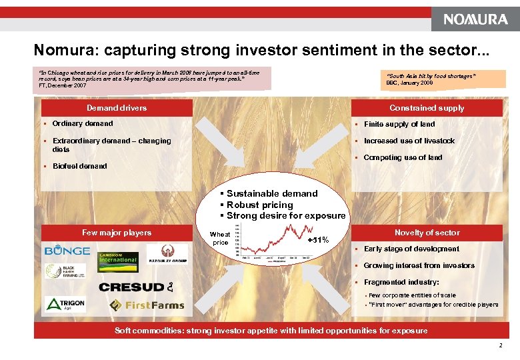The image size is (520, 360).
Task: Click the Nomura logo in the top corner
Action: click(x=475, y=19)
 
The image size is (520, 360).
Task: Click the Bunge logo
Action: click(x=67, y=251)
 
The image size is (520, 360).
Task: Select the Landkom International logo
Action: click(x=118, y=257)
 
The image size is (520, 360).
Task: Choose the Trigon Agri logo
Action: click(x=65, y=305)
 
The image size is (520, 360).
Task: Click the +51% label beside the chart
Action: click(x=318, y=239)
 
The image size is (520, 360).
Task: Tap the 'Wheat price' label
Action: click(x=220, y=238)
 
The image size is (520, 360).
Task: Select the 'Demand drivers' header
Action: click(x=117, y=108)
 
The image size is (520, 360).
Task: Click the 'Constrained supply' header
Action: click(x=427, y=108)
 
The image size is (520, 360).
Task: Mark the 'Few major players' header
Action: click(x=117, y=233)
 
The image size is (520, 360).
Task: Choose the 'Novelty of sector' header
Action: click(x=427, y=233)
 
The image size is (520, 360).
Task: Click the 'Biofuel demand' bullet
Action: click(x=79, y=166)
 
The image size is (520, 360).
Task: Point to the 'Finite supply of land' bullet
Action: click(x=399, y=124)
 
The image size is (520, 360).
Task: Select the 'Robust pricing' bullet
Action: click(x=259, y=205)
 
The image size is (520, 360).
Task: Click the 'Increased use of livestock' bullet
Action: click(x=409, y=141)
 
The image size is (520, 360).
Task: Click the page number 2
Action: click(x=499, y=345)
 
